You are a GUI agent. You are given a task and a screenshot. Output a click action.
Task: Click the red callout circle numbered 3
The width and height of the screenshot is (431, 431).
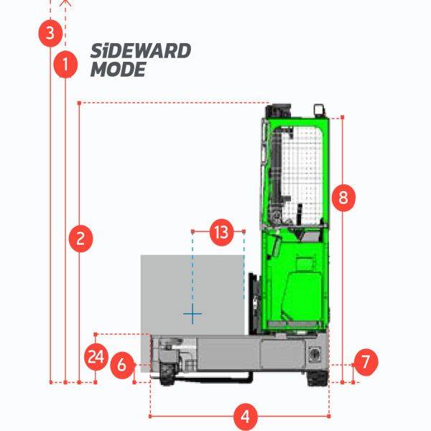pos(50,33)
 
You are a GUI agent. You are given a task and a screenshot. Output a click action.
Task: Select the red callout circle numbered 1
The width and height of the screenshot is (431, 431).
pos(65,65)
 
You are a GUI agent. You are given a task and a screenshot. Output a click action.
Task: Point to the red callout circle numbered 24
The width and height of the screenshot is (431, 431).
pos(96,357)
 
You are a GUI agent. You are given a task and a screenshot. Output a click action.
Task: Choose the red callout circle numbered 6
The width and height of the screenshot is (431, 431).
pos(121,365)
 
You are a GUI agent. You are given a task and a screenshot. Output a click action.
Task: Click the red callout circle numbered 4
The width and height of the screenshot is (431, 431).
pos(245,415)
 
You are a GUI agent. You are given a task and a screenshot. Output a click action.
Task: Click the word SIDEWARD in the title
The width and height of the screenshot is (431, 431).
pos(141,52)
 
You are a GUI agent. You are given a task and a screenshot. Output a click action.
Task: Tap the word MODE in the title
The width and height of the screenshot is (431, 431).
pos(119,70)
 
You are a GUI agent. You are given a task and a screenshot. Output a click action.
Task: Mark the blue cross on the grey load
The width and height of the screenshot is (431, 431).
pos(193,314)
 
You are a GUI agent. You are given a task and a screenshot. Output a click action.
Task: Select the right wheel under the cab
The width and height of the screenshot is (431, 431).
pos(317,376)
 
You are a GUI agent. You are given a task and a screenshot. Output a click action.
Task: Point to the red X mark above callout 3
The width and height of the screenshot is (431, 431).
pos(65,2)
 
